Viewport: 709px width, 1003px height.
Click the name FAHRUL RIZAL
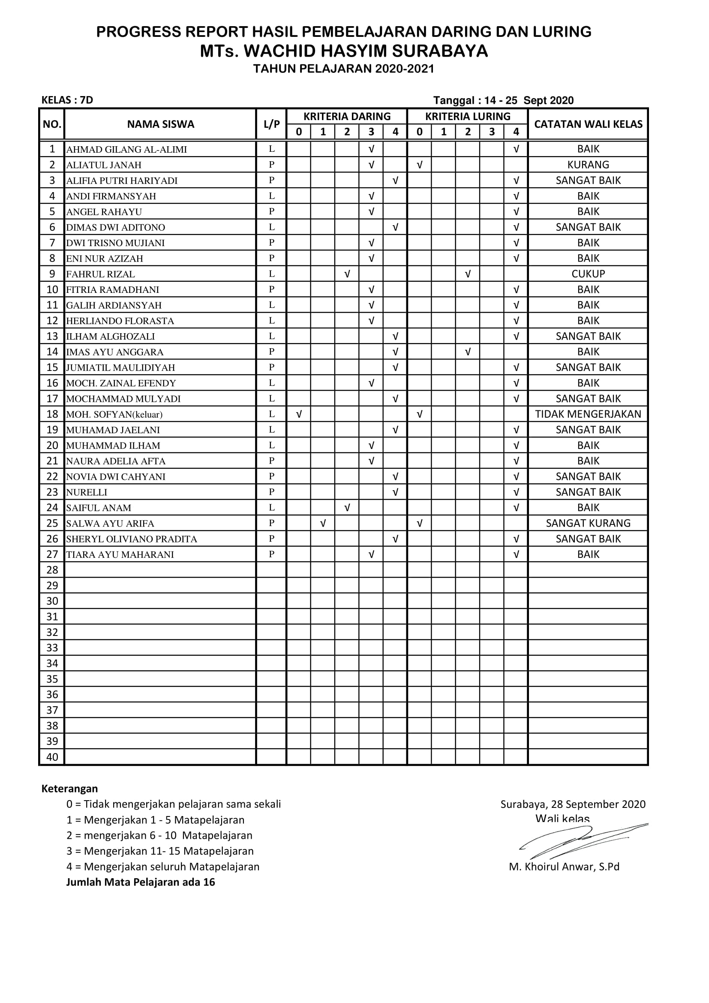[x=100, y=274]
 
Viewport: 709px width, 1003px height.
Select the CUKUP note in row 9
[x=588, y=274]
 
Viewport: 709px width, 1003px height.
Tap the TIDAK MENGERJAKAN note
[x=588, y=414]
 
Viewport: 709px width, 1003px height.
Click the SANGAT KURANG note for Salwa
[x=588, y=523]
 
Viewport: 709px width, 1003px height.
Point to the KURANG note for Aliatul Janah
[x=588, y=165]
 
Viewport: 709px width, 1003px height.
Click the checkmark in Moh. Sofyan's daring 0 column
[x=299, y=414]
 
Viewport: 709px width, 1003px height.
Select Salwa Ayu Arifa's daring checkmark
[x=323, y=523]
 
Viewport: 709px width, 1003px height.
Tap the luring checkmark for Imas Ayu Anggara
[x=468, y=352]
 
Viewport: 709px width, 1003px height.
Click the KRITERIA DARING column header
[x=347, y=117]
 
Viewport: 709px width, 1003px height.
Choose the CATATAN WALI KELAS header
[x=588, y=124]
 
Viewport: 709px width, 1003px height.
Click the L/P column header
[x=271, y=124]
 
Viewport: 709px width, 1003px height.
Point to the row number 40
[x=52, y=757]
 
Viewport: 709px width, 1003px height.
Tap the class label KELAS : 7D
[x=67, y=100]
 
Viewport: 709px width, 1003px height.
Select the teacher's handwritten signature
[x=581, y=841]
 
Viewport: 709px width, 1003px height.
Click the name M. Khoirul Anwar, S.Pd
[x=564, y=867]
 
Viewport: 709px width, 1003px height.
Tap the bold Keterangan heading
[x=69, y=789]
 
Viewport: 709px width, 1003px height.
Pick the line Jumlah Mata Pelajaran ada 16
[x=141, y=882]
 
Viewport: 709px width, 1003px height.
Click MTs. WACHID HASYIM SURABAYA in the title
[x=344, y=51]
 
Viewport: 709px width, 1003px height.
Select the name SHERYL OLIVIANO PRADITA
[x=132, y=539]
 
